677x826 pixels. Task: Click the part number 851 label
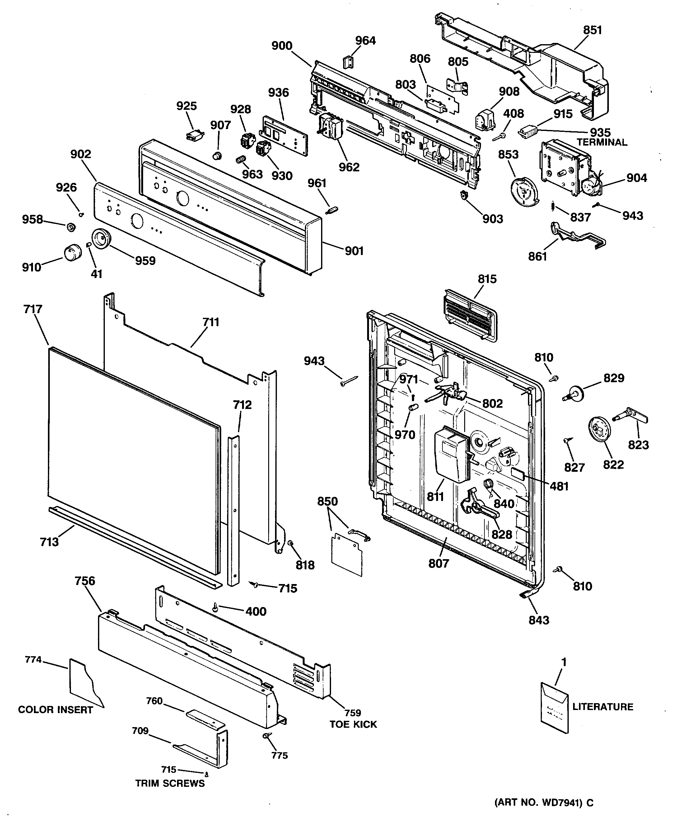pos(592,30)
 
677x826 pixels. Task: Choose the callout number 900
pos(282,46)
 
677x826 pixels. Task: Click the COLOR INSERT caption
pos(55,710)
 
